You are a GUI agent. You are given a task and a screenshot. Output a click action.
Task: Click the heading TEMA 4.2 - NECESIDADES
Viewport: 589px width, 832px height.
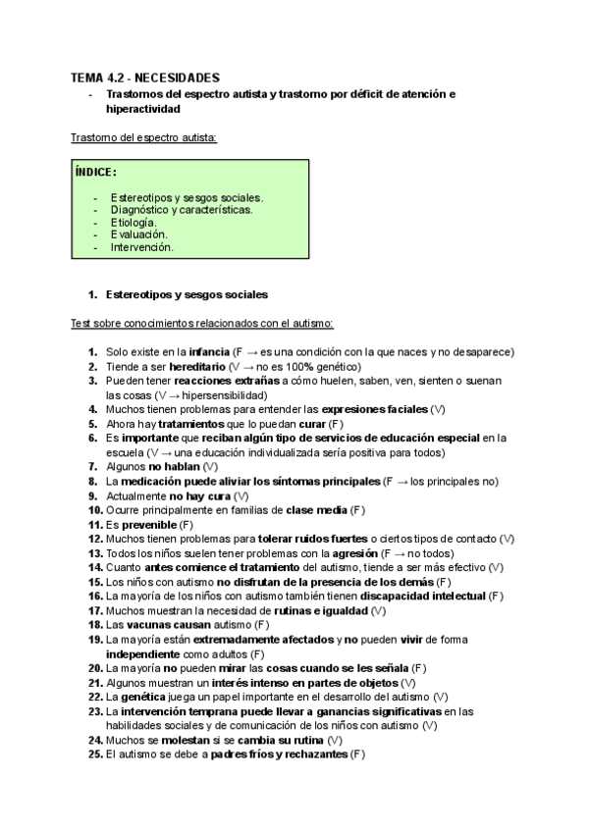145,78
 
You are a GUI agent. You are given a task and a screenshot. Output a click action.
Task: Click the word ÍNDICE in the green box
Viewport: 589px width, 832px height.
95,173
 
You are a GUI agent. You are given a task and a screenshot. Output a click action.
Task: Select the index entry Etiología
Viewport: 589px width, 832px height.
134,222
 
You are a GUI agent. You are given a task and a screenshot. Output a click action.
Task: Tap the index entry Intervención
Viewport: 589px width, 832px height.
141,247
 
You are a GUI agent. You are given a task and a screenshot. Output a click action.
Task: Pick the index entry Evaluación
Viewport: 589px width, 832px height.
138,234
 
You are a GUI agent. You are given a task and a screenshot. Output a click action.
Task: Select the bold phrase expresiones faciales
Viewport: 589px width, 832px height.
376,408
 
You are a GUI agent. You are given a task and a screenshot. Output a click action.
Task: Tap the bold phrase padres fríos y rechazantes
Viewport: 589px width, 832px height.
277,754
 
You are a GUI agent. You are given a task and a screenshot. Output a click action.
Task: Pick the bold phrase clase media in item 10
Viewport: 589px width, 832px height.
316,510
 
